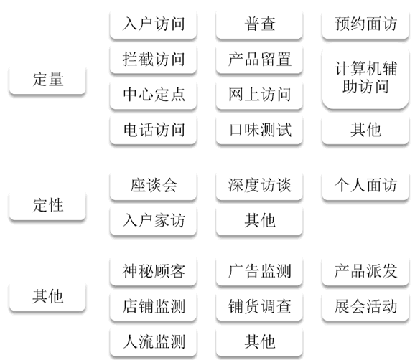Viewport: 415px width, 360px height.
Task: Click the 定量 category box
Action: pos(47,80)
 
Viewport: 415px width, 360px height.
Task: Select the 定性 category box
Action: pos(47,205)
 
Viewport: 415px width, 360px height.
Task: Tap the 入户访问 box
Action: pos(153,24)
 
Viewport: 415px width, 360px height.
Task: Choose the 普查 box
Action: pos(259,24)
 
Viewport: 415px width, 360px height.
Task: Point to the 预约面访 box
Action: pos(365,24)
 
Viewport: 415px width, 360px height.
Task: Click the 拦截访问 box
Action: pos(153,60)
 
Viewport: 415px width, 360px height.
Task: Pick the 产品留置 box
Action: pos(259,60)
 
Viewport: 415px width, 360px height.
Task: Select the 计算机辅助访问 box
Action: pos(365,77)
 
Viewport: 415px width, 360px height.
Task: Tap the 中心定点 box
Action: pos(153,95)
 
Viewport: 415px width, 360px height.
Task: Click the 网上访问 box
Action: pos(259,95)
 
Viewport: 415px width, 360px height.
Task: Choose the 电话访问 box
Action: pos(153,130)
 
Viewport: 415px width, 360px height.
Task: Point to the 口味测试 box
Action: pos(259,130)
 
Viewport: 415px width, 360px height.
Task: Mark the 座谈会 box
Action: pos(153,185)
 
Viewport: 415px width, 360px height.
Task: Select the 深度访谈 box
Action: pos(259,185)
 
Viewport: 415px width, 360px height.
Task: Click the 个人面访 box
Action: pos(365,185)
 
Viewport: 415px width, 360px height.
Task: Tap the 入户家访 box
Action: pos(153,221)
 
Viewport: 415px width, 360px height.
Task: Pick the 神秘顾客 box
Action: pos(153,271)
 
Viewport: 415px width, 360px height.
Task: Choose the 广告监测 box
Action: pos(259,271)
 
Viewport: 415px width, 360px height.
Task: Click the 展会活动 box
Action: pos(365,307)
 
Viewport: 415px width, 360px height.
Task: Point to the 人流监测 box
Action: pos(153,342)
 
